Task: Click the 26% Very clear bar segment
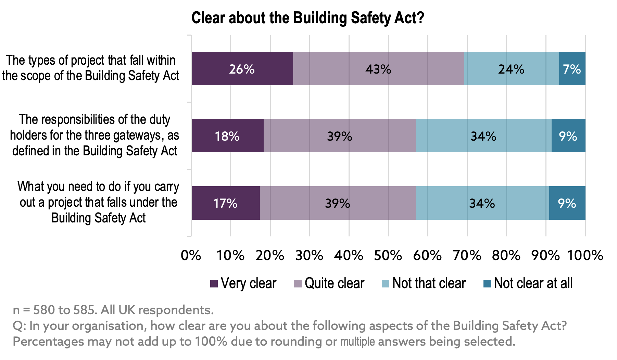242,68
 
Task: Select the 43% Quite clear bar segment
378,68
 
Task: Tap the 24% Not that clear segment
511,68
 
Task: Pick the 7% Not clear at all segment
572,68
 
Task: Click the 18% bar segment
227,136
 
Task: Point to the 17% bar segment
225,203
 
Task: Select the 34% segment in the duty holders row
483,136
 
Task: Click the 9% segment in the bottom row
567,203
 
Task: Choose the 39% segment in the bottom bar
338,203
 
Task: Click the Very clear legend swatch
214,284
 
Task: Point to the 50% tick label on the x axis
388,255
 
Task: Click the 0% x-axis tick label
191,255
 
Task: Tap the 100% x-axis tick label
585,255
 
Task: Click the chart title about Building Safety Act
307,18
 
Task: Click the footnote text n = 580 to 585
113,310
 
